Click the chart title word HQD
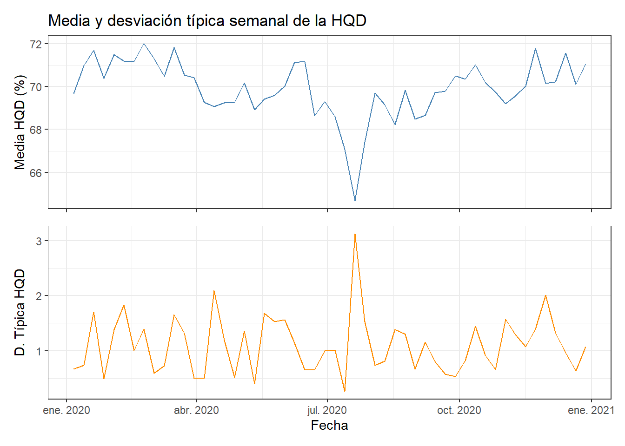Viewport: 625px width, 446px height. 348,20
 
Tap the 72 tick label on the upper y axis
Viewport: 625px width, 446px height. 36,44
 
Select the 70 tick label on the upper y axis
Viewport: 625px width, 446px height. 36,87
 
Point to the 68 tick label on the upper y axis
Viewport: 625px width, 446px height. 36,130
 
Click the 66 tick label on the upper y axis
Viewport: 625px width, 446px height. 36,173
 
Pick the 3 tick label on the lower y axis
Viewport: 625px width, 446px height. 39,241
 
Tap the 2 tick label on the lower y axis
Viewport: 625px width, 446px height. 39,296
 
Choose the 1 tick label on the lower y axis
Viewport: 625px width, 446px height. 39,351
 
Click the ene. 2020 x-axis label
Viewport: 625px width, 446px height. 66,410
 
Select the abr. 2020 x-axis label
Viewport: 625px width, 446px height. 196,410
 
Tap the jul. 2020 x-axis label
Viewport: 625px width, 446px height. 327,410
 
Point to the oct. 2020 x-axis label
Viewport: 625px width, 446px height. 459,410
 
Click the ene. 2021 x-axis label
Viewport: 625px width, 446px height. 591,410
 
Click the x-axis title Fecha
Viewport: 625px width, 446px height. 329,425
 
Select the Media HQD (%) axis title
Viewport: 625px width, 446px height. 20,122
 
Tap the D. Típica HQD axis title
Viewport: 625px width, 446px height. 20,312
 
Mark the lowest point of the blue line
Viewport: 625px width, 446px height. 355,201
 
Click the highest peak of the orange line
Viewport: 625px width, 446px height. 355,234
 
